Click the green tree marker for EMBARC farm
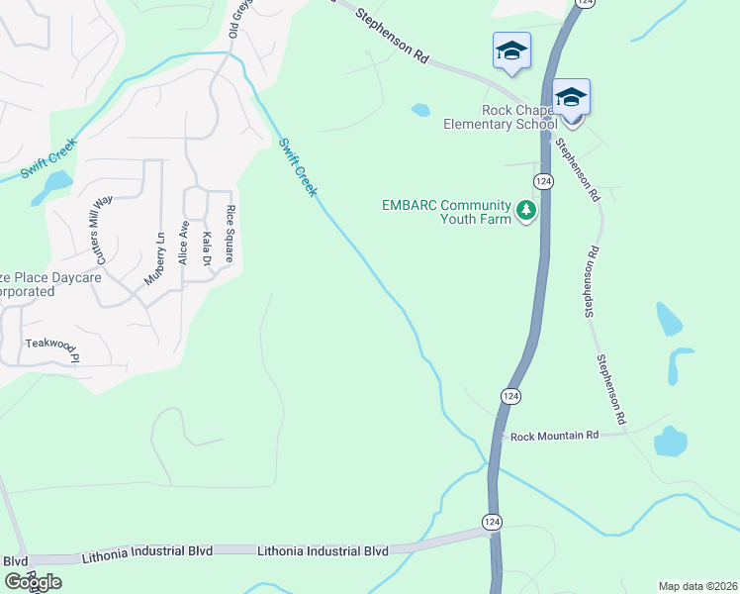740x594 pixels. coord(526,211)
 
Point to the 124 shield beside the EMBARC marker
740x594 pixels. coord(542,181)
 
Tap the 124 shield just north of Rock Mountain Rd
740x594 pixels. coord(509,396)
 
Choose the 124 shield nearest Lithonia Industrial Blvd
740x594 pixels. coord(493,521)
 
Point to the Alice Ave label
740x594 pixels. coord(183,242)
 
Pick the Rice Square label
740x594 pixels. coord(230,234)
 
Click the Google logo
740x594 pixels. coord(32,582)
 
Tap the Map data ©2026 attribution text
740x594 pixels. coord(697,586)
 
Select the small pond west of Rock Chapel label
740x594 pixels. coord(420,110)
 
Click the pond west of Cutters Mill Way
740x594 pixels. coord(52,186)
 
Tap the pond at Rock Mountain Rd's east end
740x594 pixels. coord(671,441)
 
